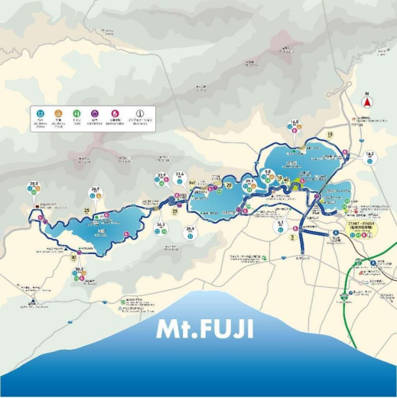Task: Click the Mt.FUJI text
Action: click(x=205, y=329)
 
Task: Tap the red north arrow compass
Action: click(x=367, y=102)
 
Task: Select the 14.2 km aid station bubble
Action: click(x=370, y=156)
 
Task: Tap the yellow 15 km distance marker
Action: click(x=330, y=135)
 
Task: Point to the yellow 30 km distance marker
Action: click(x=73, y=258)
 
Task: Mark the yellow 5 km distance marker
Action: click(x=293, y=237)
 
